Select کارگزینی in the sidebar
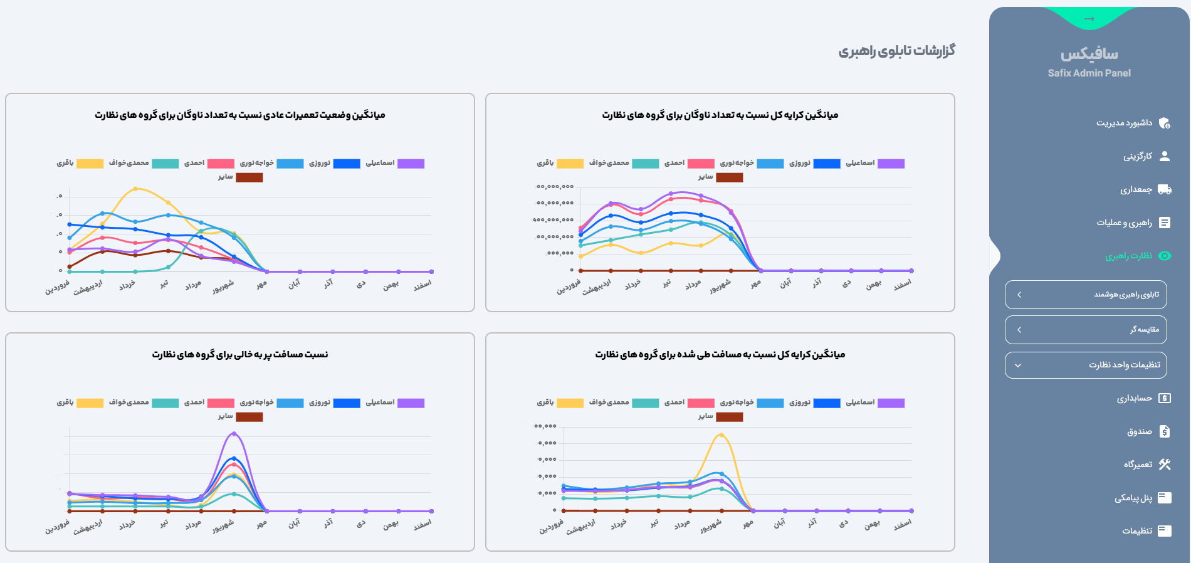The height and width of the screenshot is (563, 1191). click(x=1137, y=156)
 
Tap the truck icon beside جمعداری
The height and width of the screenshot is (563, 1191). click(x=1165, y=189)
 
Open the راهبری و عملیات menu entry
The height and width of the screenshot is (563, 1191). click(x=1124, y=223)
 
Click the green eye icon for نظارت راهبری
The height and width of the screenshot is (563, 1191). click(x=1165, y=256)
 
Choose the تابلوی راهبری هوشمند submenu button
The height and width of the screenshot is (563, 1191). click(x=1086, y=295)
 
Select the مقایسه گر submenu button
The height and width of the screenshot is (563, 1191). click(x=1086, y=330)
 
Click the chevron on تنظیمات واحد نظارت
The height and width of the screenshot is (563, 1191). click(x=1018, y=366)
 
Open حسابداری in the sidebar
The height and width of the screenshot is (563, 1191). click(x=1134, y=398)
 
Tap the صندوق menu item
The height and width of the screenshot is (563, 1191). click(x=1139, y=431)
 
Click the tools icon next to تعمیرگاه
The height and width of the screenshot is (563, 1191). click(x=1165, y=465)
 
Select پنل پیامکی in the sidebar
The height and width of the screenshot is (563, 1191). click(x=1133, y=498)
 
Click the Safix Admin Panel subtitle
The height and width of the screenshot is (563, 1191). click(x=1089, y=73)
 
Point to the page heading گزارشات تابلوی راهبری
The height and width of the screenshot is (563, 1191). click(x=896, y=51)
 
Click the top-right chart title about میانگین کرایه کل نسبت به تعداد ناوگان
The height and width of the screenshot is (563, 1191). click(x=720, y=115)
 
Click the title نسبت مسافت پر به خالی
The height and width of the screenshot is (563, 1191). click(x=239, y=355)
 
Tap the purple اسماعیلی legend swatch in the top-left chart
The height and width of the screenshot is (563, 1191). click(x=411, y=164)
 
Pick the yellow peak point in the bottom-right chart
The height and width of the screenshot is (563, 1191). click(x=721, y=435)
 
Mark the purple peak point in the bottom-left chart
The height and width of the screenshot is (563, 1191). click(x=234, y=433)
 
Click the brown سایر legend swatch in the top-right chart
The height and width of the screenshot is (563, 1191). click(x=729, y=177)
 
